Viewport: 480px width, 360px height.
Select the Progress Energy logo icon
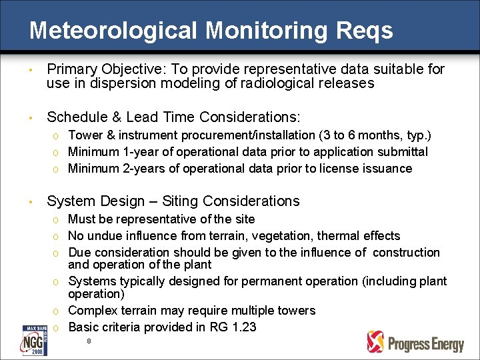tap(376, 341)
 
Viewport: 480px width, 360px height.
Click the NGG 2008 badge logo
tap(34, 341)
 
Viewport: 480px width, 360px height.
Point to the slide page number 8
tap(89, 341)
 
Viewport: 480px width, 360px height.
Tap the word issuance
tap(389, 169)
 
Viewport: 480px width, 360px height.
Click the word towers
tap(297, 311)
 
